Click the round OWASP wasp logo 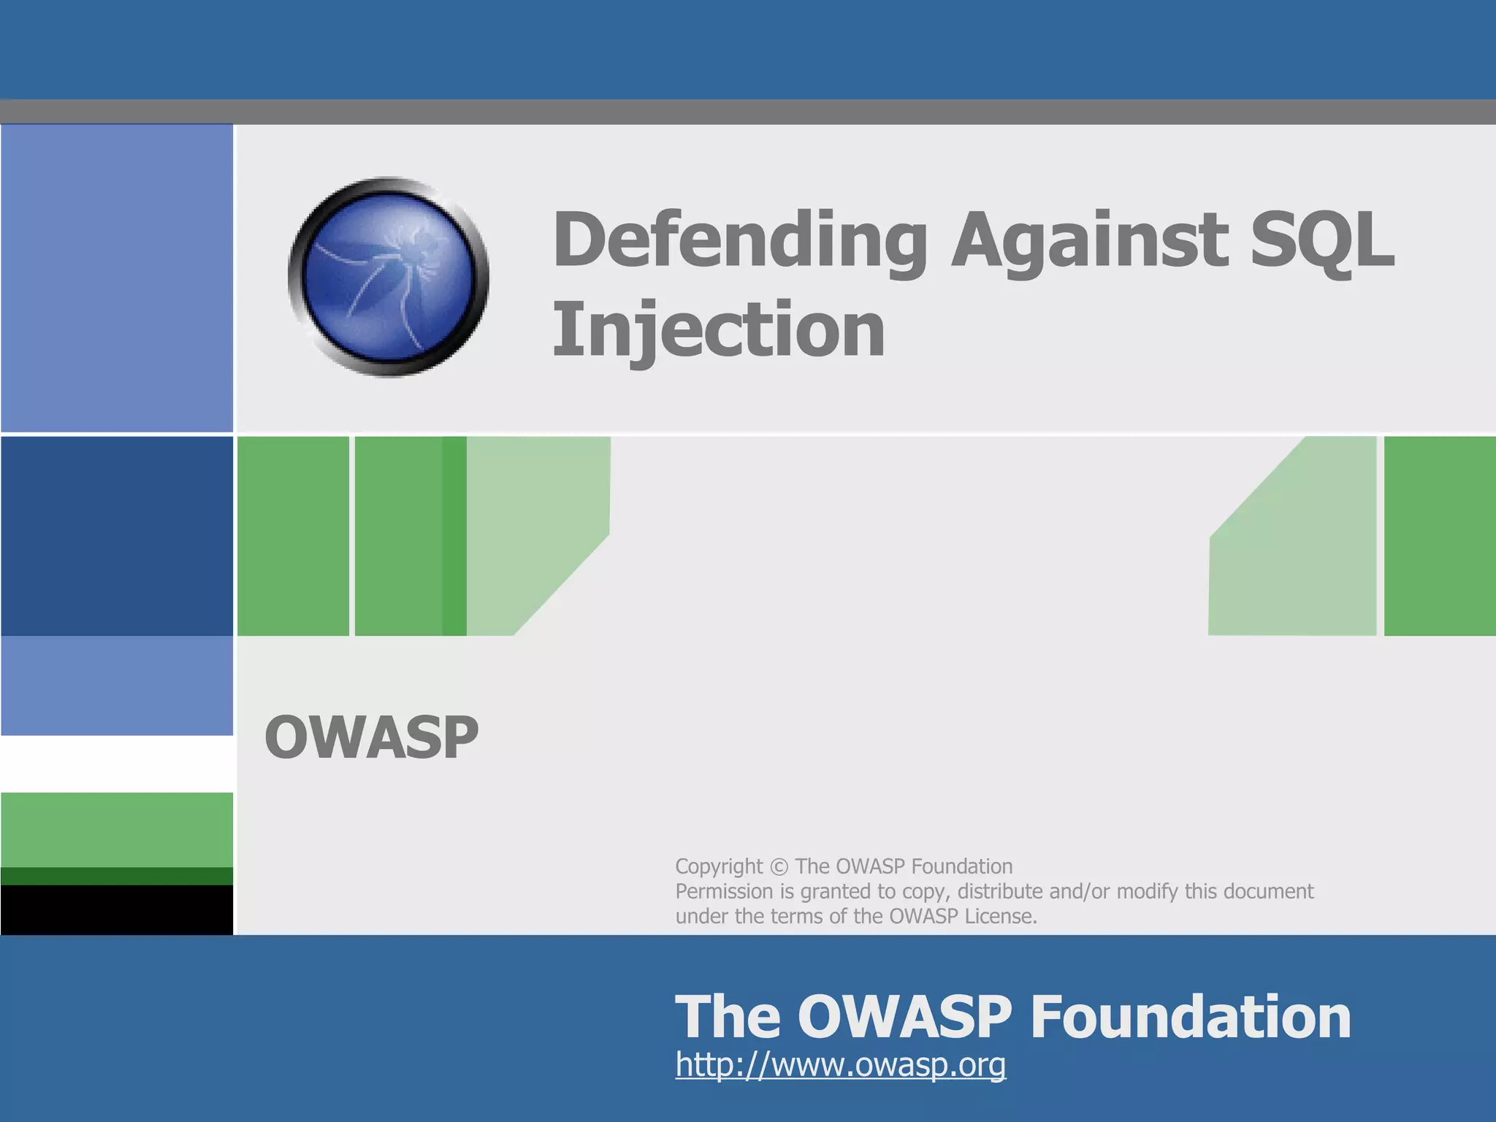[388, 277]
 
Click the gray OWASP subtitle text [371, 738]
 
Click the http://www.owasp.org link [840, 1064]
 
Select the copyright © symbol [779, 867]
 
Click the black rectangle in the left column [117, 909]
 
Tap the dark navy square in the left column [117, 535]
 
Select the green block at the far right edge [1439, 535]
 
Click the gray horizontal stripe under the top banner [748, 112]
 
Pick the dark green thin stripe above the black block [117, 876]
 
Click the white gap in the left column [117, 763]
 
